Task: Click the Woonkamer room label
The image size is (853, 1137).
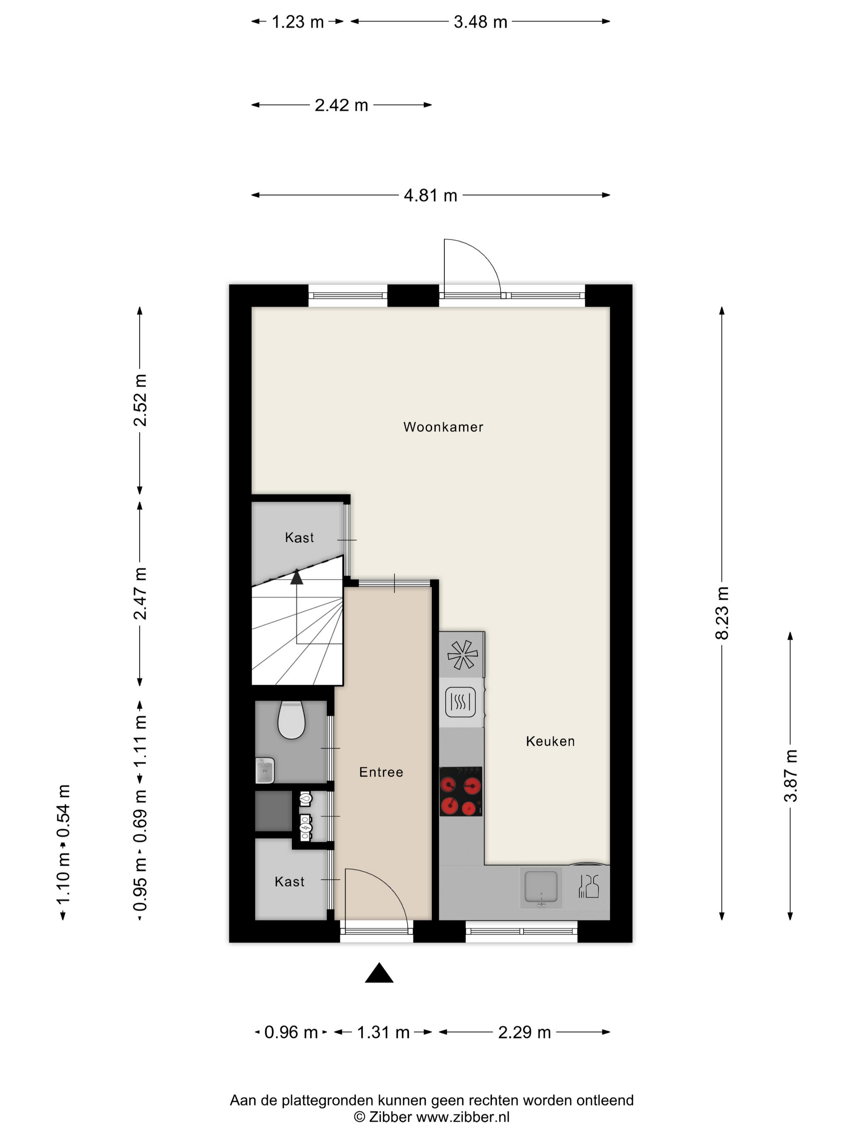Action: tap(443, 427)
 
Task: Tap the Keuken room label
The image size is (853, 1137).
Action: tap(550, 741)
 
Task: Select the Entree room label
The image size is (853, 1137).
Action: tap(381, 772)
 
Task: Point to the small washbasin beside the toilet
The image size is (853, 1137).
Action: tap(264, 770)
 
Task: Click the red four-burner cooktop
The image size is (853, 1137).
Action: tap(461, 791)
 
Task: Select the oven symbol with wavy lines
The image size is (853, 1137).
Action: tap(460, 702)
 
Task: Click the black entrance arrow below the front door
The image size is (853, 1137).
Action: tap(379, 973)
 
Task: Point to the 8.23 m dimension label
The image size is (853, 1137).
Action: tap(722, 613)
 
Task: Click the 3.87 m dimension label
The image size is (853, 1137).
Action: tap(790, 776)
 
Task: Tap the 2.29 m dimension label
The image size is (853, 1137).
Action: tap(524, 1032)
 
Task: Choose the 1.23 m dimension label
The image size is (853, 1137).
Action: tap(297, 22)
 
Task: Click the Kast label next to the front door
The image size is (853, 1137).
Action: tap(290, 882)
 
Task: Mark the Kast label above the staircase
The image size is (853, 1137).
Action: tap(299, 537)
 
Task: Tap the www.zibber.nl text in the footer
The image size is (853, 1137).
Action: tap(463, 1116)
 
